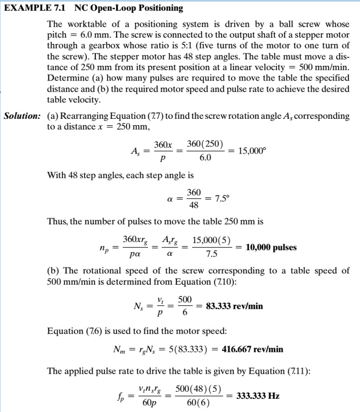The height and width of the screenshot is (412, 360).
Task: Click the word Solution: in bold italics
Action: (x=23, y=116)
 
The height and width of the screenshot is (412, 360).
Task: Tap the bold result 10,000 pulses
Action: (x=271, y=247)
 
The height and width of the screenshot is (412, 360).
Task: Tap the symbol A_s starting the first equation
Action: (x=135, y=151)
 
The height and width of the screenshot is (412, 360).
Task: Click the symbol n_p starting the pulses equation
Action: (x=104, y=248)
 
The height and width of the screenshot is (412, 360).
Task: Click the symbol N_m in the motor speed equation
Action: (x=120, y=350)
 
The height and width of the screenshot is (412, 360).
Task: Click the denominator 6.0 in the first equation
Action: (x=205, y=158)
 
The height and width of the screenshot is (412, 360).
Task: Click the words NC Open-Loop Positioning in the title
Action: (x=128, y=8)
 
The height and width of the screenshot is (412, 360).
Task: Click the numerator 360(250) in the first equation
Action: (x=205, y=144)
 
